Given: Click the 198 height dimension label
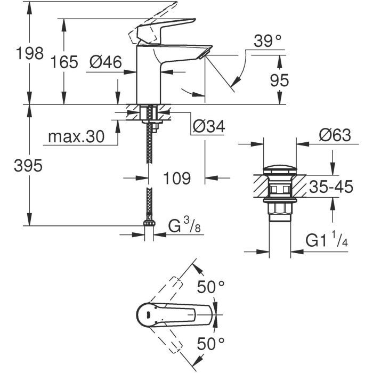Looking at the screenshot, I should [x=29, y=54].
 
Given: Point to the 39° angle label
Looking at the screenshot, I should [x=266, y=40].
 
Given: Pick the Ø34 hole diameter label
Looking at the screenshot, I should [x=208, y=126].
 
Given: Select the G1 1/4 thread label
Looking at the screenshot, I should [x=326, y=240].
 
